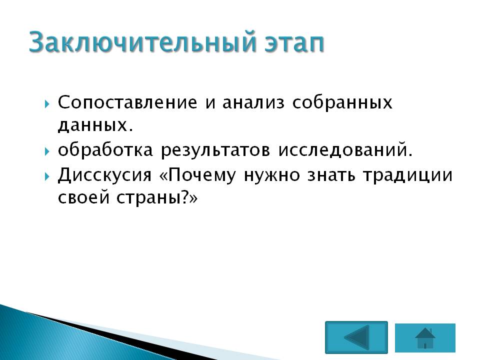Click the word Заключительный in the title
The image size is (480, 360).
click(x=142, y=42)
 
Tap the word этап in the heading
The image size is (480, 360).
click(x=294, y=43)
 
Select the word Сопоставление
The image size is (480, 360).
click(x=127, y=102)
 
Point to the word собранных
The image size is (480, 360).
click(x=342, y=102)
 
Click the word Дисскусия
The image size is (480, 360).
click(x=104, y=175)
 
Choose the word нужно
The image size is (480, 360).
click(x=272, y=175)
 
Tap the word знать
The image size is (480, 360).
click(x=331, y=175)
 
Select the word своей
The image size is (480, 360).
click(x=83, y=197)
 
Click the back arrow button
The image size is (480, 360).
click(x=356, y=337)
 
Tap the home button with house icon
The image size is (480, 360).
click(x=425, y=337)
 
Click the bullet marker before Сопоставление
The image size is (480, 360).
click(x=47, y=104)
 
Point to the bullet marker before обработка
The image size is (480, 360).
click(x=47, y=151)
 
